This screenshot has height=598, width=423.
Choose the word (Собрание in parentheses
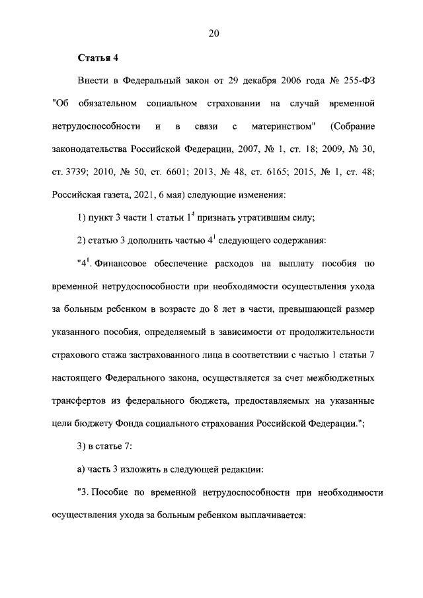tap(352, 126)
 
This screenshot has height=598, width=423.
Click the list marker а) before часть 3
tap(82, 469)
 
